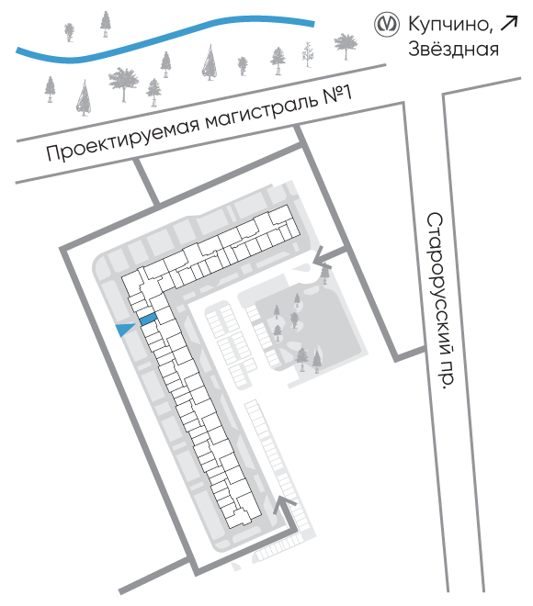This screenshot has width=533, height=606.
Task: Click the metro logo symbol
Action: pos(386,25)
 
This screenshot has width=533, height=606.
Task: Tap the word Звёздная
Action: pos(453,49)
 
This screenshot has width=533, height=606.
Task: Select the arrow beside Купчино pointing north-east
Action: pos(509,23)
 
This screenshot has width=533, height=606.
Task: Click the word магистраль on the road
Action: pos(263,110)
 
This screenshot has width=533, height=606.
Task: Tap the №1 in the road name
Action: pos(337,95)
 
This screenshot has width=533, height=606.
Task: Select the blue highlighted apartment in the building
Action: pos(148,320)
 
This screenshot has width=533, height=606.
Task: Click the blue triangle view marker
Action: pos(125,330)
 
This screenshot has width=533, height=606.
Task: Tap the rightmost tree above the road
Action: pos(346,46)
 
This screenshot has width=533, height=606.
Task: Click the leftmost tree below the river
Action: pos(50,89)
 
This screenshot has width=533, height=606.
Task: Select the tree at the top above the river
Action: pos(105,24)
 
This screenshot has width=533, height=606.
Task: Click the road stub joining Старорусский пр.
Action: pos(411,354)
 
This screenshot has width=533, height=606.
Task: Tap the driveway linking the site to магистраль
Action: pos(147,182)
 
